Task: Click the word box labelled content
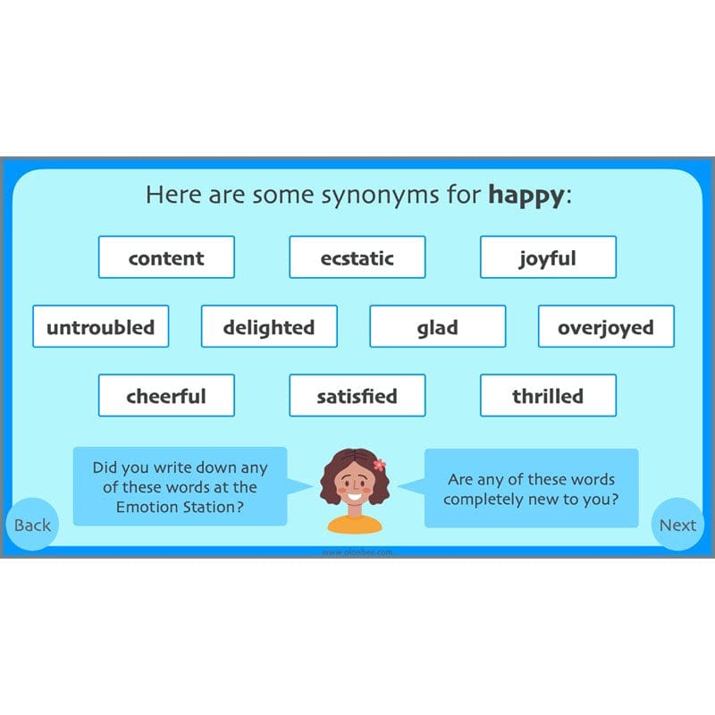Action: point(166,257)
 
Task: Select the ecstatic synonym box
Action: point(357,257)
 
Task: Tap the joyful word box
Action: point(548,257)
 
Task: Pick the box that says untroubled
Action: point(100,326)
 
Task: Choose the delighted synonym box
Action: point(269,326)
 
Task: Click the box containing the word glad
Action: point(437,326)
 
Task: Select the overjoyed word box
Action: point(606,326)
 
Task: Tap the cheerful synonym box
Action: point(166,395)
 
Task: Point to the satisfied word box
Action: point(357,395)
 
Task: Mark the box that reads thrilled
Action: point(548,395)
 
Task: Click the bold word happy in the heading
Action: point(526,196)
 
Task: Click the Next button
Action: point(677,525)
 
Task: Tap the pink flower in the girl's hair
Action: point(379,465)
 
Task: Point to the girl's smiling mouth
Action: point(355,497)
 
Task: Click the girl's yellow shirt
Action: point(355,524)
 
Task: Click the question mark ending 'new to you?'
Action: point(614,500)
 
